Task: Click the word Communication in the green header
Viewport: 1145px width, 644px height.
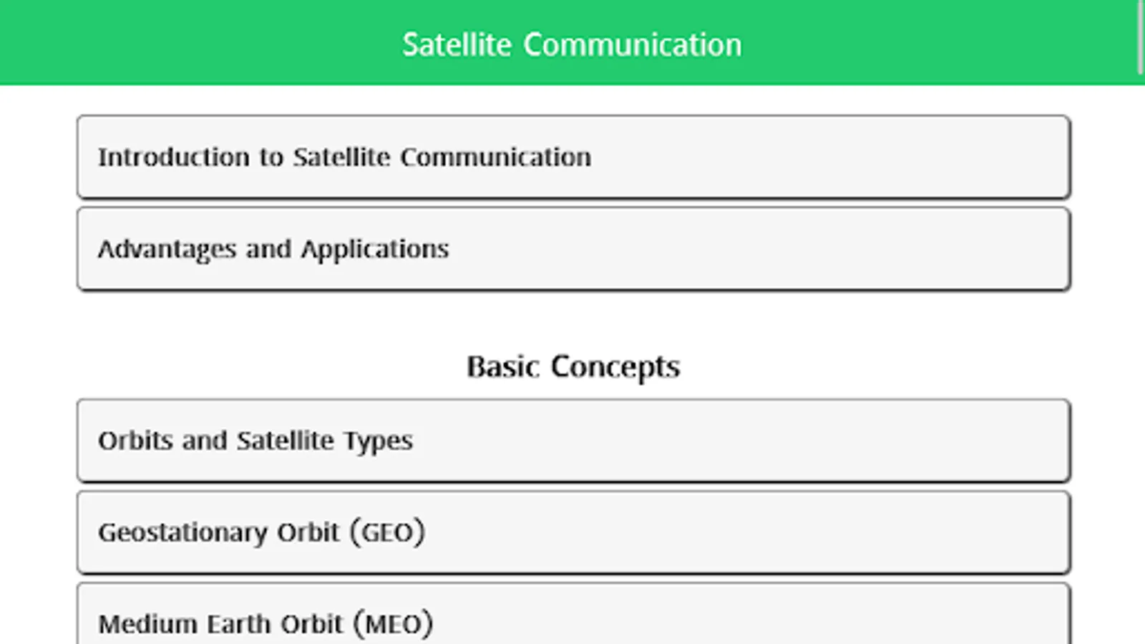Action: pos(633,45)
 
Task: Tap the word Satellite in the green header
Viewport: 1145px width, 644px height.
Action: pos(457,45)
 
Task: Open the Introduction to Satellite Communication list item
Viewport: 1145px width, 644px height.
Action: pos(573,157)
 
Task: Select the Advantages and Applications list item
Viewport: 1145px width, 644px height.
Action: pos(573,249)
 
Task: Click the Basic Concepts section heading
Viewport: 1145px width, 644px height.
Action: pos(573,367)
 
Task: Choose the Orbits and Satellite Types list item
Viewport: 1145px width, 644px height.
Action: pos(573,441)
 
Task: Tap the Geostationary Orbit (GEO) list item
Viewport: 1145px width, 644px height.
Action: pos(573,532)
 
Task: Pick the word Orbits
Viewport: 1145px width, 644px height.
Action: pos(135,441)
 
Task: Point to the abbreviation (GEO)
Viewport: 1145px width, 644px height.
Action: pos(387,532)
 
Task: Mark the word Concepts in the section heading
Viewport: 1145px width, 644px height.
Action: pos(615,367)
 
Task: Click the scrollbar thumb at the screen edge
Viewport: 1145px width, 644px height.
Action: pos(1141,36)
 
